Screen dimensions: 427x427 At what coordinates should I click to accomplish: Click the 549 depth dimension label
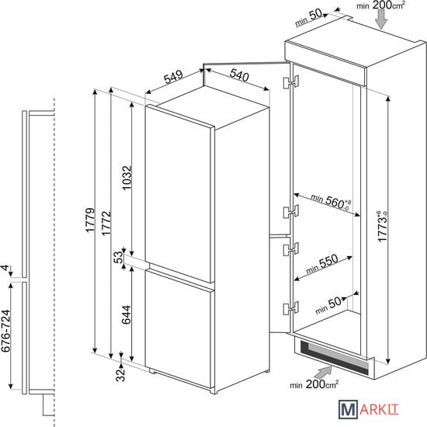point(173,77)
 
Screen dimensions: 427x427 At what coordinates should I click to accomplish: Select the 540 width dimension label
point(239,75)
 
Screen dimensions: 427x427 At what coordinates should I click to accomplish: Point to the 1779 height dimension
point(90,220)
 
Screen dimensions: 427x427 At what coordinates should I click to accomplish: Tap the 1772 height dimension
point(106,223)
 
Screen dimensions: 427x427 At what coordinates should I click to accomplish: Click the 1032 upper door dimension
point(127,178)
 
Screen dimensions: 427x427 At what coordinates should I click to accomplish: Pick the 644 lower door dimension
point(127,314)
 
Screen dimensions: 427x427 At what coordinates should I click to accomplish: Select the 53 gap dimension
point(118,257)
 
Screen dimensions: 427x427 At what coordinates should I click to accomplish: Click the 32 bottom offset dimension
point(120,375)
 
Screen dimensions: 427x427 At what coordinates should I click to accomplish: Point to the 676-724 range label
point(5,331)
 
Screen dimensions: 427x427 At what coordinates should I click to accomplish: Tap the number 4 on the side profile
point(5,268)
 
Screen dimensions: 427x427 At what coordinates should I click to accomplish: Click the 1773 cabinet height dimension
point(382,227)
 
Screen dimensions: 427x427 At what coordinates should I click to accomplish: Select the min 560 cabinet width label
point(331,202)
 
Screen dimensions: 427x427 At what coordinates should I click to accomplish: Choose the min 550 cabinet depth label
point(322,264)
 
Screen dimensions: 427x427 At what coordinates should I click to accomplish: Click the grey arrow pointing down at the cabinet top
point(381,19)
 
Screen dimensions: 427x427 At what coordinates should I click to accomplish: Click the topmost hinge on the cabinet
point(291,82)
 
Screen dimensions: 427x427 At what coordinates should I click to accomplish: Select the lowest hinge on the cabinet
point(291,307)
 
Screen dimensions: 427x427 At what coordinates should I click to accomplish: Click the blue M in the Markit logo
point(349,409)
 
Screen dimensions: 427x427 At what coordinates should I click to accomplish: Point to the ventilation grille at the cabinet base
point(335,357)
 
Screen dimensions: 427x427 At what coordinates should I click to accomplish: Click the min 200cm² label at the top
point(380,5)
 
